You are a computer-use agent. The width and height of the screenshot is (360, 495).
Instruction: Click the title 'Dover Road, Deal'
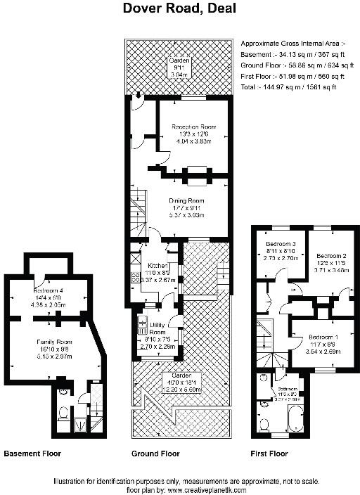pos(179,9)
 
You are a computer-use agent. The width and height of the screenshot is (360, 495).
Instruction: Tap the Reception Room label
pos(193,127)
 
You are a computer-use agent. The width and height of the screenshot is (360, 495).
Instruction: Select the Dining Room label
pos(186,200)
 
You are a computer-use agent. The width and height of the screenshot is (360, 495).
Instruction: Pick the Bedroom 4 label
pos(49,290)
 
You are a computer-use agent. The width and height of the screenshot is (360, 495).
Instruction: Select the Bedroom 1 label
pos(323,337)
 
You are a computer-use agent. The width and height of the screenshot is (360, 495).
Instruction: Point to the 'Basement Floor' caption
pos(32,454)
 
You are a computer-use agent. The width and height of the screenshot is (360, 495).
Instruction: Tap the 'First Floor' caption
pos(269,454)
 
